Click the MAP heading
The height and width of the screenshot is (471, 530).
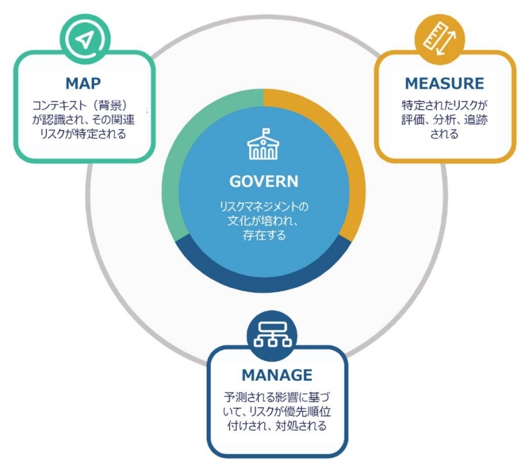(83, 83)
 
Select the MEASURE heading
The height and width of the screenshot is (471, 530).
(444, 83)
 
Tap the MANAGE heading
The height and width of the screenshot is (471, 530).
(277, 375)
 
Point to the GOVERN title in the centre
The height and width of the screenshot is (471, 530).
(264, 181)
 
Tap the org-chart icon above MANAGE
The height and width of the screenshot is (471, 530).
(272, 335)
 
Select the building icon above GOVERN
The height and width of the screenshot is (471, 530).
(263, 144)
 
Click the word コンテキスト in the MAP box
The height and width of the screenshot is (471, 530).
(59, 105)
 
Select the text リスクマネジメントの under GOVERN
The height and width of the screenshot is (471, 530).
(264, 206)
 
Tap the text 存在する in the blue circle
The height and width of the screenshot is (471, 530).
(264, 235)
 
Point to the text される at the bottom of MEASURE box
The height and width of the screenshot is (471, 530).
(444, 134)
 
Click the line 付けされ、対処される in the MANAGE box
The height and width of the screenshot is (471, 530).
(277, 426)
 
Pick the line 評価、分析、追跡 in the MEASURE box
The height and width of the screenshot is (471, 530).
(444, 120)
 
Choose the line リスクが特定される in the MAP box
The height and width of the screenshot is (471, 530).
(83, 134)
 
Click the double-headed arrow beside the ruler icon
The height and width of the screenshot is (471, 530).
(446, 43)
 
